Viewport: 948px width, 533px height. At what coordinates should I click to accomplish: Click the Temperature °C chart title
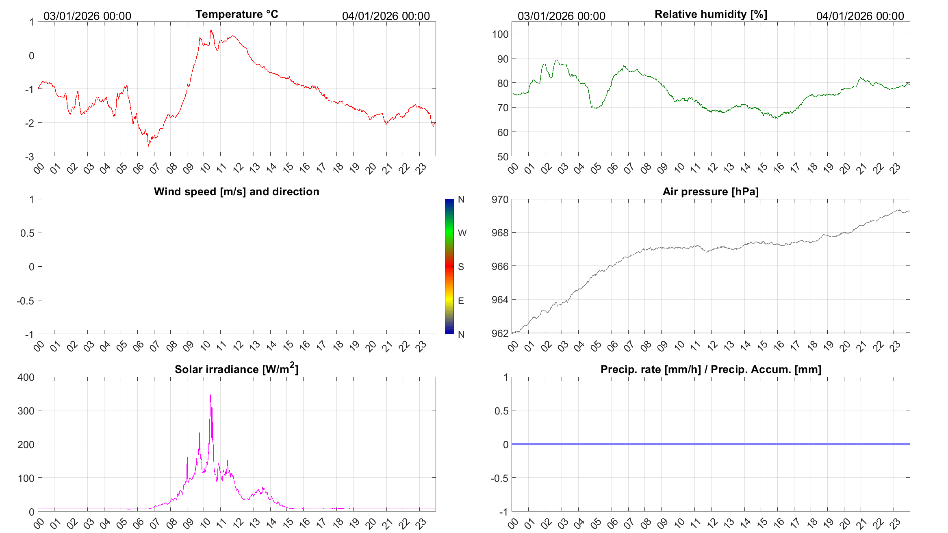point(236,14)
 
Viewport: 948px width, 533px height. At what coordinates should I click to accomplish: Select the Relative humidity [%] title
point(711,14)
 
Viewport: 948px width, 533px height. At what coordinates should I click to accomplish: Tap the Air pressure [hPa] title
point(710,192)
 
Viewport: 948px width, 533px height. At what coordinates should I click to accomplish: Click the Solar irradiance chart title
point(236,369)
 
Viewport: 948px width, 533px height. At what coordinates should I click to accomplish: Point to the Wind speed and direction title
point(236,192)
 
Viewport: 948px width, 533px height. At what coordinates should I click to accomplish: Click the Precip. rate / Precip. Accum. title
point(711,369)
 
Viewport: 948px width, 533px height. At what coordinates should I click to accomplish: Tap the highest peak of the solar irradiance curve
point(210,395)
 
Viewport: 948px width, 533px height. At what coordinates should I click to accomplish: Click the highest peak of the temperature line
point(211,30)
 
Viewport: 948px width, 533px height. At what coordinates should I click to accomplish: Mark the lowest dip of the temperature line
point(148,146)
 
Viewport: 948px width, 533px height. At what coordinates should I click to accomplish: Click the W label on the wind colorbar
point(462,233)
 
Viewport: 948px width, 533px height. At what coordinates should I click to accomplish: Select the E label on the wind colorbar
point(461,301)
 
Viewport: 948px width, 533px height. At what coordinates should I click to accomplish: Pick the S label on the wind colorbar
point(461,267)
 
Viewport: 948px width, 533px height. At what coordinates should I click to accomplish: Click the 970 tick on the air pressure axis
point(500,199)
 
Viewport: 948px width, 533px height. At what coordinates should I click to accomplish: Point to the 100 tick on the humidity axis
point(500,34)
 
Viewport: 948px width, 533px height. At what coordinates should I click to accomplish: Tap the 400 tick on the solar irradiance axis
point(26,377)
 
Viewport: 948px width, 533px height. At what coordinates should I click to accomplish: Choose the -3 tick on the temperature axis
point(29,157)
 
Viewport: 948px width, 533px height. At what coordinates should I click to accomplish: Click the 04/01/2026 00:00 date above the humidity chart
point(860,16)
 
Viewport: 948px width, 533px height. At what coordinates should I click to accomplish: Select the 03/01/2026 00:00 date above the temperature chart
point(87,16)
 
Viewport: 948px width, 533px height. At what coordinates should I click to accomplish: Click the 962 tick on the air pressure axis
point(500,333)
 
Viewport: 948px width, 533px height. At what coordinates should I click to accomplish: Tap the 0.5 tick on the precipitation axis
point(501,411)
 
